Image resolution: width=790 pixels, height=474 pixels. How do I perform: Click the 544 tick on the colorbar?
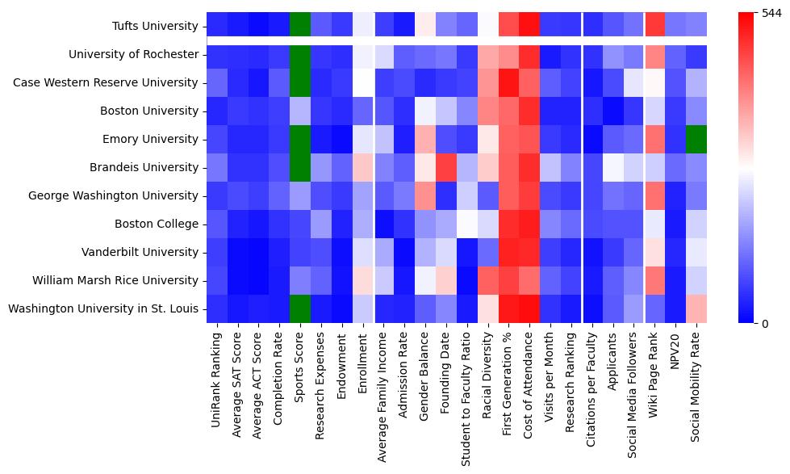click(x=771, y=14)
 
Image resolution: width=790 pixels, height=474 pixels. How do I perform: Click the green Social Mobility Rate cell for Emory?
click(x=698, y=140)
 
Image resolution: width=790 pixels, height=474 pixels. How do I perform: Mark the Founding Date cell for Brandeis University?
click(x=446, y=168)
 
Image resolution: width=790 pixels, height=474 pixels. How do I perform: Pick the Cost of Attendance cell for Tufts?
click(x=530, y=25)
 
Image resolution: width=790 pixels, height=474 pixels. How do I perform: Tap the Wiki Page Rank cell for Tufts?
click(x=656, y=25)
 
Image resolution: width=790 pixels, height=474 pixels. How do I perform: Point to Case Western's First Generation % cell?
click(x=509, y=83)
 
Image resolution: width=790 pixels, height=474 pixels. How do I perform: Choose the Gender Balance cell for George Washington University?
click(x=425, y=196)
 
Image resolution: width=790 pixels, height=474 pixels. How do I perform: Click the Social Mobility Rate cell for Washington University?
click(x=698, y=308)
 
